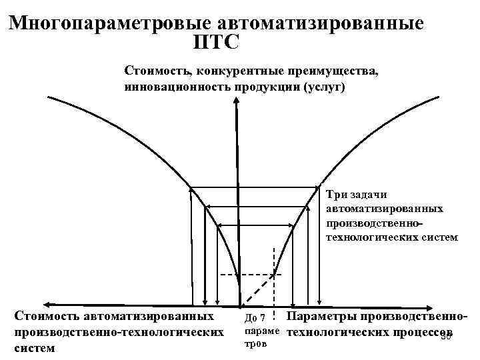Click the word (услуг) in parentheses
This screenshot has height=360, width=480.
tap(324, 87)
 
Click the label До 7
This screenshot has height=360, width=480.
tap(256, 317)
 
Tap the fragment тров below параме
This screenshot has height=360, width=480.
tap(255, 345)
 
